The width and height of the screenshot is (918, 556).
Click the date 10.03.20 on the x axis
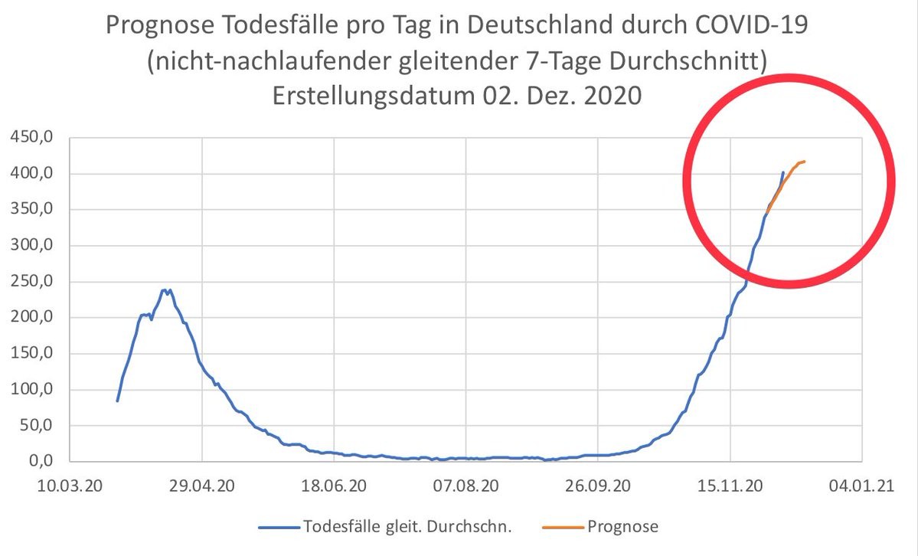point(70,486)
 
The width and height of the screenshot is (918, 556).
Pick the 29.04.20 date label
point(202,486)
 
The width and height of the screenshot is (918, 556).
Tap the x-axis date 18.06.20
point(335,486)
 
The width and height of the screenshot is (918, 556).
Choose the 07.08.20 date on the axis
point(467,486)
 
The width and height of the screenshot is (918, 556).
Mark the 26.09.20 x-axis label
point(599,486)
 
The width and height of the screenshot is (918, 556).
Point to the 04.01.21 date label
point(862,486)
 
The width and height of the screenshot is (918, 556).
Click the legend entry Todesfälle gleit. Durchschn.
point(407,527)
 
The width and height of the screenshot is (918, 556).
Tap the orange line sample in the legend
point(563,527)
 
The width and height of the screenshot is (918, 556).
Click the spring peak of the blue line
point(164,289)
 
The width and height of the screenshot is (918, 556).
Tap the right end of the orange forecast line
point(805,161)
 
